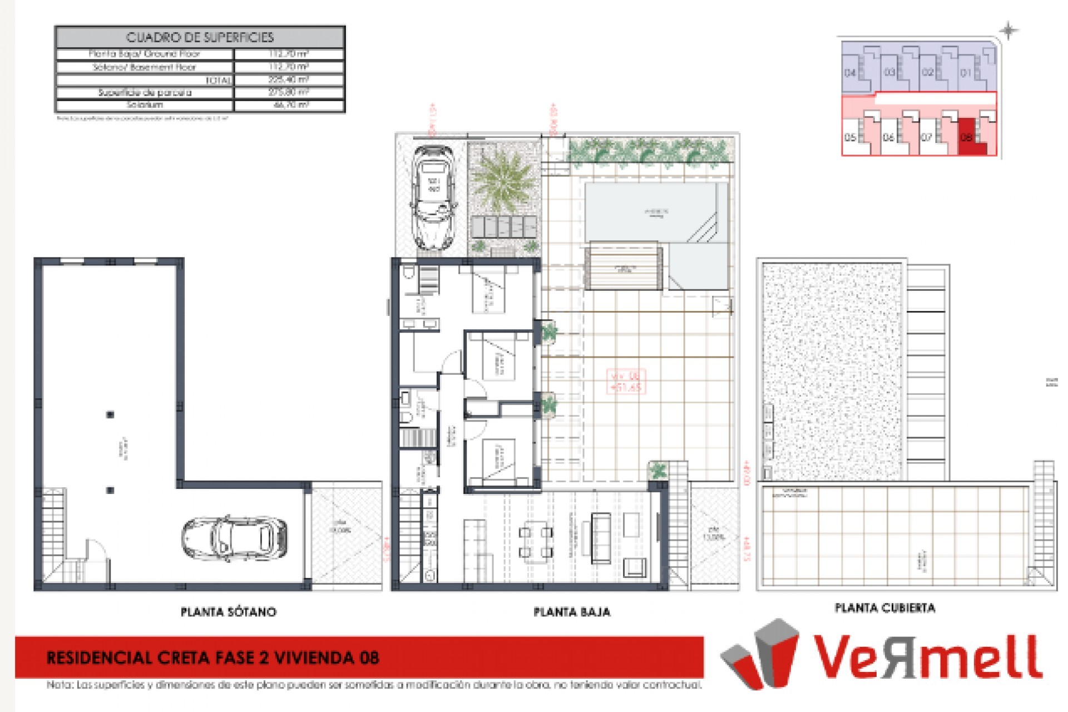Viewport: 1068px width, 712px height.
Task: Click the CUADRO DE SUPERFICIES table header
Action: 200,37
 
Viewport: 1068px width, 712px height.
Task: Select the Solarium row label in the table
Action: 145,105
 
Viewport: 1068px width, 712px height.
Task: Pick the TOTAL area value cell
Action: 289,80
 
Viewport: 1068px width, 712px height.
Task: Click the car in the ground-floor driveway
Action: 433,197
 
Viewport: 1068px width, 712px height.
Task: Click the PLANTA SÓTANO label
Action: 228,612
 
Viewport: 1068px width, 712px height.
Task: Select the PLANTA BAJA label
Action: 572,612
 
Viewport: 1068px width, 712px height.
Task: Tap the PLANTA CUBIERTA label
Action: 884,608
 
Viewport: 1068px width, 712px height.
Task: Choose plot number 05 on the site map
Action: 850,137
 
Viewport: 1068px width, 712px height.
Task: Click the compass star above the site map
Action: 1008,31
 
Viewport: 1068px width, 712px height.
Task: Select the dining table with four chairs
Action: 536,542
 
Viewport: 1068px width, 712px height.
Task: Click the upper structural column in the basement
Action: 110,414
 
